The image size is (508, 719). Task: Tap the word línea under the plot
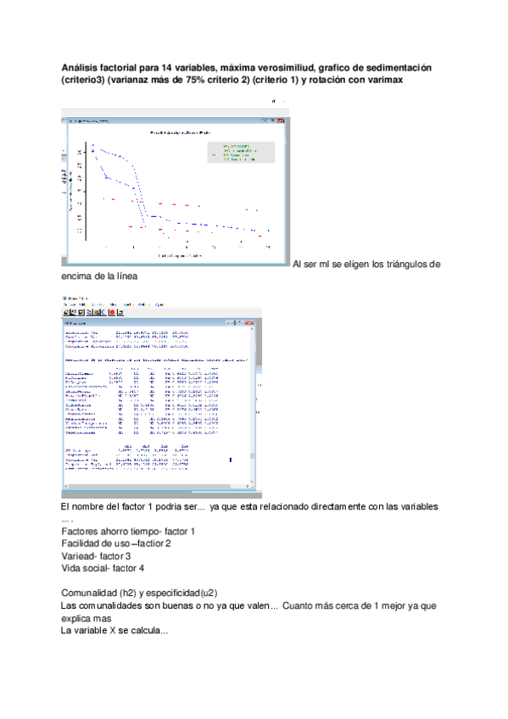(x=120, y=277)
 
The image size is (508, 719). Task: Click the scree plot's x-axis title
(x=179, y=254)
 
